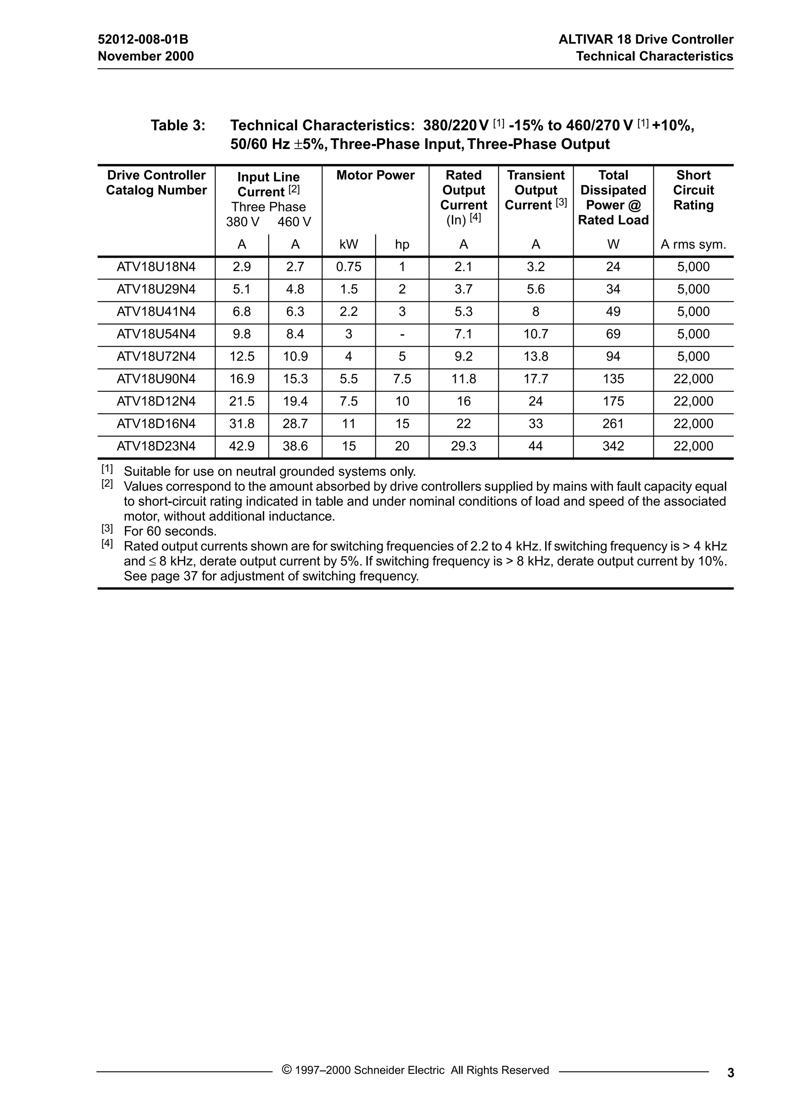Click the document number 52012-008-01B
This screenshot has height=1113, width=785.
143,39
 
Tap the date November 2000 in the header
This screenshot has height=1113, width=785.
146,56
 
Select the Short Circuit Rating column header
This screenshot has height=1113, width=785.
693,190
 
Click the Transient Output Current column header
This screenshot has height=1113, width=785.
535,190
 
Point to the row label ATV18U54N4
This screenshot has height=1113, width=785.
156,334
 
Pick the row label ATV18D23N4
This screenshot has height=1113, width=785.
156,446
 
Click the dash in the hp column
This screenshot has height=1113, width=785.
402,334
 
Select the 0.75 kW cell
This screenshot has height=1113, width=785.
348,267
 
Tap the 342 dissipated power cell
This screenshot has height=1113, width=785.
613,446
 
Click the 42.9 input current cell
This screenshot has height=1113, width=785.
241,446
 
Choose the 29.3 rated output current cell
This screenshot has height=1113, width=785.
463,446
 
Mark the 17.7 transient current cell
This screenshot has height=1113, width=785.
535,378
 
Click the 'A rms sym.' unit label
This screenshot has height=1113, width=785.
693,245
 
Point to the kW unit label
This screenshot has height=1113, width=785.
348,245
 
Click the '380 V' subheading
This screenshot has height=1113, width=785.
243,222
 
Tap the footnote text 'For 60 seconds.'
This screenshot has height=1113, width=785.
170,531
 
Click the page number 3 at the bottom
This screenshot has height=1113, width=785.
731,1073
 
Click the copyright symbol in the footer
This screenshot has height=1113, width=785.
287,1070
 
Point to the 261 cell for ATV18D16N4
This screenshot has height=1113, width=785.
613,424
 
